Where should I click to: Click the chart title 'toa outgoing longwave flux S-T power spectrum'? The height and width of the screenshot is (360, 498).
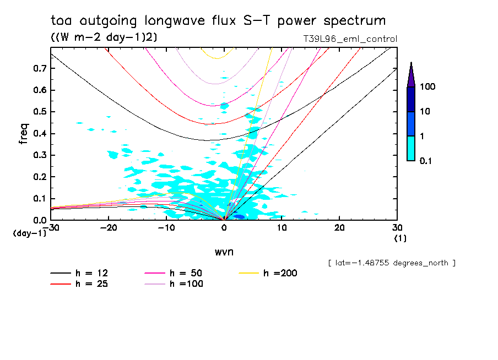tap(218, 21)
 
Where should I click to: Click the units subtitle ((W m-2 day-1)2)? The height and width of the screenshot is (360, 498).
tap(104, 37)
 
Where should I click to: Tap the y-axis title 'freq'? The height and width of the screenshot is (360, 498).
tap(24, 134)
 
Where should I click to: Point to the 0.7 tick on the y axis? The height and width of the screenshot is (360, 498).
tap(40, 68)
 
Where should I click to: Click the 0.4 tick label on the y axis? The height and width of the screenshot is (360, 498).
tap(40, 134)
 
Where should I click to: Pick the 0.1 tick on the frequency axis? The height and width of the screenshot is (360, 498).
tap(40, 199)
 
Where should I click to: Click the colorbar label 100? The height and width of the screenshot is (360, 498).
tap(428, 87)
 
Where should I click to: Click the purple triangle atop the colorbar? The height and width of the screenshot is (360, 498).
tap(411, 74)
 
